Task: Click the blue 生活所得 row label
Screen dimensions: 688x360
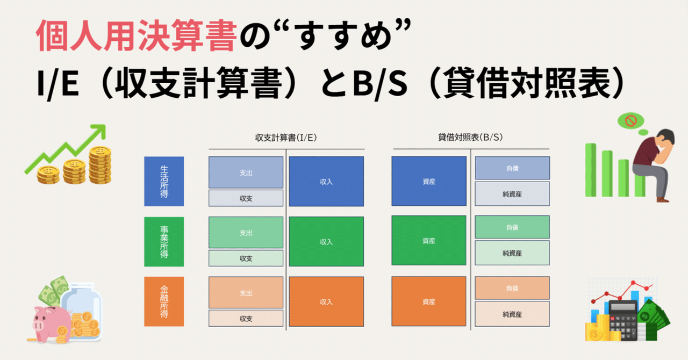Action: [x=164, y=181]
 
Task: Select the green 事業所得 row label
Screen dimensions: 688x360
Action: [x=164, y=242]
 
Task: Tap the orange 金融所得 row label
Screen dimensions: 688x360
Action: [x=164, y=301]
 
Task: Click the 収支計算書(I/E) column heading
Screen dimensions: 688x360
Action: [x=286, y=138]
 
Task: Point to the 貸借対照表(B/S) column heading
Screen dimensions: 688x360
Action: [x=470, y=137]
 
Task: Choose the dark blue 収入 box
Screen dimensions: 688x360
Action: [x=326, y=181]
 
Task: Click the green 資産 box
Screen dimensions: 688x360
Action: [x=429, y=240]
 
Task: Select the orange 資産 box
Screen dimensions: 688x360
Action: [x=429, y=301]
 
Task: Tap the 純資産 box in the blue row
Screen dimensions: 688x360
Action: [x=512, y=194]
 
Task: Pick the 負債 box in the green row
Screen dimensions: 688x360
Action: [x=512, y=227]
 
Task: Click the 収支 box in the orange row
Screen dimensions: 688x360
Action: [x=246, y=319]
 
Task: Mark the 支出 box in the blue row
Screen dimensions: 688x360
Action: [x=246, y=172]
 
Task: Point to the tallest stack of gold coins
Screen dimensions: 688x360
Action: [x=100, y=165]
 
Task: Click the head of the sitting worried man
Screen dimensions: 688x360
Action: [x=665, y=140]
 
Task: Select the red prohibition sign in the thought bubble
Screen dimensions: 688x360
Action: [x=631, y=121]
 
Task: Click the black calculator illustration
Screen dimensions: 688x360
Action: [x=623, y=320]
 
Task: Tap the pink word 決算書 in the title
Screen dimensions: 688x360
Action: [x=187, y=35]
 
